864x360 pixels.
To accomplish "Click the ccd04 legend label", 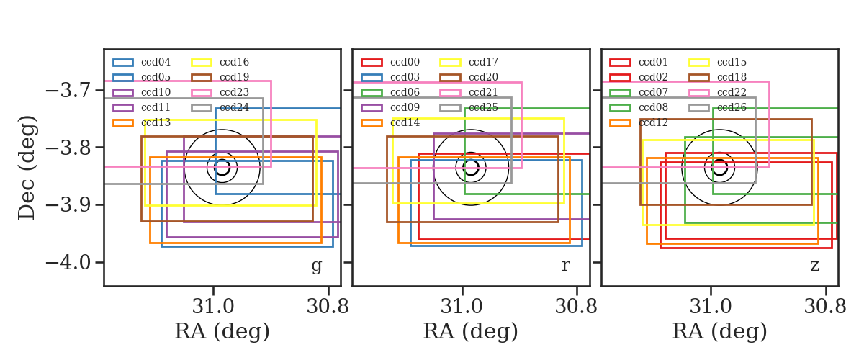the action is click(x=156, y=62).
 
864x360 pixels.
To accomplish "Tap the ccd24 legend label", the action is click(x=234, y=107).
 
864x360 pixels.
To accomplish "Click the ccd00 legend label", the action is click(x=405, y=62).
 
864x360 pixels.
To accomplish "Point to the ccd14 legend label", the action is click(x=405, y=122).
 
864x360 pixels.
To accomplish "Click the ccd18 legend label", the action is click(x=732, y=77).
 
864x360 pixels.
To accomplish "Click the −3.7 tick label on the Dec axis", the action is click(x=68, y=91).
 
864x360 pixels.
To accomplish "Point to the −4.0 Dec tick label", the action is click(x=68, y=263).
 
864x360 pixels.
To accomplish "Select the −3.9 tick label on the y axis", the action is click(x=68, y=205).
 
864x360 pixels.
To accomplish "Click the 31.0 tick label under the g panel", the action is click(x=213, y=307).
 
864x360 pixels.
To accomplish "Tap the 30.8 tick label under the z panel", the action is click(x=825, y=307).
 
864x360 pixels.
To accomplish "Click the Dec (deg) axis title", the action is click(x=27, y=168).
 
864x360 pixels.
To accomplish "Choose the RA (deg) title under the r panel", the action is click(x=471, y=331).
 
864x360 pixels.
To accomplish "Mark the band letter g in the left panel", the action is click(x=317, y=266).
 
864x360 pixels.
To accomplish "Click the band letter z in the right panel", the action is click(x=814, y=266).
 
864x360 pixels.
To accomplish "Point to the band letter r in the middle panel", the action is click(x=565, y=266).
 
